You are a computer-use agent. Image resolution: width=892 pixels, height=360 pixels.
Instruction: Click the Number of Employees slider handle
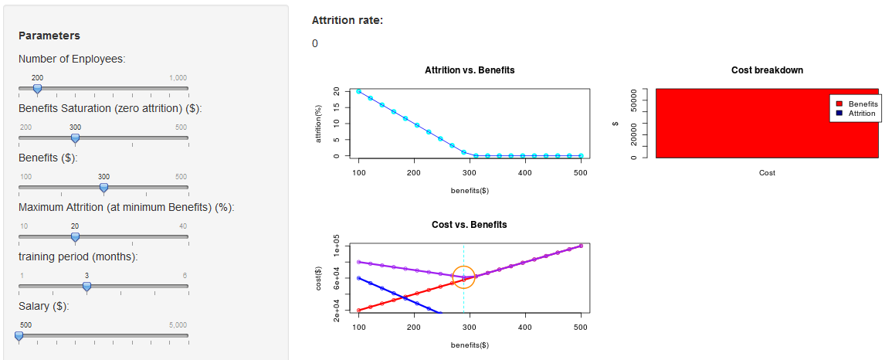point(37,89)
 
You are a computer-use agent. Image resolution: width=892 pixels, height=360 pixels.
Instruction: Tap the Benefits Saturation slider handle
point(75,138)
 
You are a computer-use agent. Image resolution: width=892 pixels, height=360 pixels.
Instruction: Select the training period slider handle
point(86,286)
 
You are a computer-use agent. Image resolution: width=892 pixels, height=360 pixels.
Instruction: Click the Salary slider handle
point(19,335)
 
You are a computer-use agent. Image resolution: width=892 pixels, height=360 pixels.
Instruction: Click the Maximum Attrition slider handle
point(75,236)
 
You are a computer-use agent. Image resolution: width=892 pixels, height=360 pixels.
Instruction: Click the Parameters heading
point(49,36)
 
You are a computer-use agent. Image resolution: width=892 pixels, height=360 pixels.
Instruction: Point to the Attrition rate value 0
point(315,44)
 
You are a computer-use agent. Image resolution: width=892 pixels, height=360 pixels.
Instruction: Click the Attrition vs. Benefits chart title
point(470,70)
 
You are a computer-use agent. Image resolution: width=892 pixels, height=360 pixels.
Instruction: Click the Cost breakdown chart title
point(767,70)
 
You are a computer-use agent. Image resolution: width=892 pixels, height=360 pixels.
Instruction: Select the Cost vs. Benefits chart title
point(470,225)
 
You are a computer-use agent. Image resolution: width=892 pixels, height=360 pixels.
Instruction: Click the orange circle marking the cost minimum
point(463,277)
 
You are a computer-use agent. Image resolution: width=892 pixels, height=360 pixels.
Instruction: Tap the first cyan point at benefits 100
point(359,91)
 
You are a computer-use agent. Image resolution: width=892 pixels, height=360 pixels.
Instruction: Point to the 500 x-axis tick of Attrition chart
point(581,172)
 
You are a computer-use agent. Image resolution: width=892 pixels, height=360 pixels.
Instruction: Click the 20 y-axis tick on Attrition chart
point(336,91)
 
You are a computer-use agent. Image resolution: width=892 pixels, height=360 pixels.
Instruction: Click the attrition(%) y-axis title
point(318,124)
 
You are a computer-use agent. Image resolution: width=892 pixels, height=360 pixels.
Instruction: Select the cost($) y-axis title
point(318,278)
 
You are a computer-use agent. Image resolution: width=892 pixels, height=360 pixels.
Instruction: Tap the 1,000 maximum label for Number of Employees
point(178,78)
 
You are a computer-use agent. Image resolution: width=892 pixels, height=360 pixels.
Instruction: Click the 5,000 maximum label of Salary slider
point(178,325)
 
